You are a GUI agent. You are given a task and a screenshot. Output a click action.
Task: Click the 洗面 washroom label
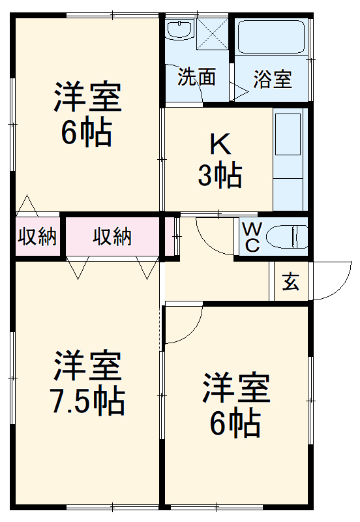[x=196, y=78]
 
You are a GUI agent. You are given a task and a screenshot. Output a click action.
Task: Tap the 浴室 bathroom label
[x=272, y=79]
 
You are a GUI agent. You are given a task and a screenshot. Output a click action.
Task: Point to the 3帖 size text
[x=220, y=176]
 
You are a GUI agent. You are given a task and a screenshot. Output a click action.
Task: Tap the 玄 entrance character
[x=291, y=282]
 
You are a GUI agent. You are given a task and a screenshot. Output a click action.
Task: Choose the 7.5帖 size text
[x=87, y=401]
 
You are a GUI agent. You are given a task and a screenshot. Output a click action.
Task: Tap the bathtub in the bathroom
[x=271, y=38]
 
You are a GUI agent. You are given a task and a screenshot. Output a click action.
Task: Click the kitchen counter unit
[x=288, y=161]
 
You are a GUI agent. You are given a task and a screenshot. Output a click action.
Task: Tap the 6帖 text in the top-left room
[x=87, y=133]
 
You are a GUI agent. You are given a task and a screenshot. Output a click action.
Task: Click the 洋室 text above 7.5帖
[x=87, y=367]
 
